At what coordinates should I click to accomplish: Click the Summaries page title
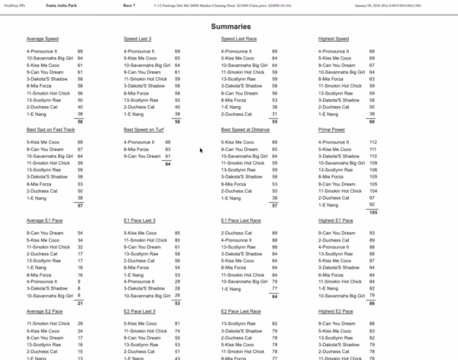coord(228,26)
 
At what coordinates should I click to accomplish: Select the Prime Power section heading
coord(333,130)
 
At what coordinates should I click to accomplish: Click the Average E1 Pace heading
coord(45,220)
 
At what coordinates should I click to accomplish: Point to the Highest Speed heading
coord(334,39)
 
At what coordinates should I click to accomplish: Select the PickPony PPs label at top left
coord(15,5)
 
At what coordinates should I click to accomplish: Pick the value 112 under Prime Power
coord(373,142)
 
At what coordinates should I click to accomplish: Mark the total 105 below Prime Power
coord(373,213)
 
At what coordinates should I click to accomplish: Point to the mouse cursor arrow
coord(201,150)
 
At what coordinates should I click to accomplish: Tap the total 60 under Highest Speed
coord(373,122)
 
